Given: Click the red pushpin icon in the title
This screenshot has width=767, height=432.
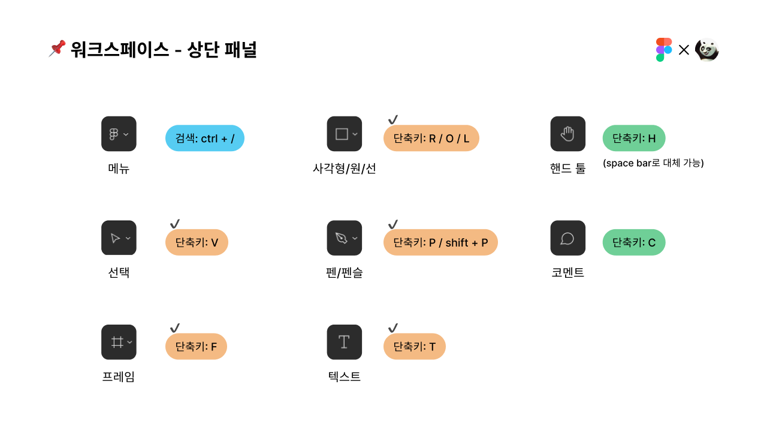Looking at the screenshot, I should tap(57, 49).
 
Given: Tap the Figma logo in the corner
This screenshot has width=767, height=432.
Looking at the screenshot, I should tap(664, 50).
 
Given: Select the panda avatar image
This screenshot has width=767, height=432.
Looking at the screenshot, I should tap(706, 50).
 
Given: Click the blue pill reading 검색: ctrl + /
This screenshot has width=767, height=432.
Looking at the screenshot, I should tap(205, 138).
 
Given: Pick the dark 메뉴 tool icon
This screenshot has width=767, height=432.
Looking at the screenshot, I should tap(119, 134).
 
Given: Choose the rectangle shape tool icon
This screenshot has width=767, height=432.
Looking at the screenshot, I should tap(344, 134).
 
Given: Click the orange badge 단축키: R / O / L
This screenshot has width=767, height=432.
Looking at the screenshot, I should tap(431, 138).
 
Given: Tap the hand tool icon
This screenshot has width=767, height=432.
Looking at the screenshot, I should tap(567, 134).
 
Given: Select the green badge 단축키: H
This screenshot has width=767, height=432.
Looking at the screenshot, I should tap(634, 138).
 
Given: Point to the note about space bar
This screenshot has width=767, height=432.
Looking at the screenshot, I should tap(653, 163).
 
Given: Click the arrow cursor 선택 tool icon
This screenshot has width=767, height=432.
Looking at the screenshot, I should tap(119, 238).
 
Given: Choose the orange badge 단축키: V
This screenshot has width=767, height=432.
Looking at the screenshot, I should tap(197, 242).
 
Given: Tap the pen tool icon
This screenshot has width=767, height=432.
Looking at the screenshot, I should tap(344, 238).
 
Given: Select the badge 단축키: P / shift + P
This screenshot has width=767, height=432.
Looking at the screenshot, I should tap(440, 242).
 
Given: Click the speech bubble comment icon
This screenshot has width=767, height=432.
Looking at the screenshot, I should tap(567, 238).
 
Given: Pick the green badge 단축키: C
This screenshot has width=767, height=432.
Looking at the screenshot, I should tap(634, 242).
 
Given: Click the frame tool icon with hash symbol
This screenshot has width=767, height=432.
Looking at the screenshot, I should tap(119, 342).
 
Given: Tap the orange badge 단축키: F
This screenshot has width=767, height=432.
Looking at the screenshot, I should tap(196, 346).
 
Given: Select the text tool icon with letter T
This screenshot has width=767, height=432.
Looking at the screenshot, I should tap(344, 342).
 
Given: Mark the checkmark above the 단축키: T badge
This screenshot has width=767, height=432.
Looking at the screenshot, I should tap(393, 328).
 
